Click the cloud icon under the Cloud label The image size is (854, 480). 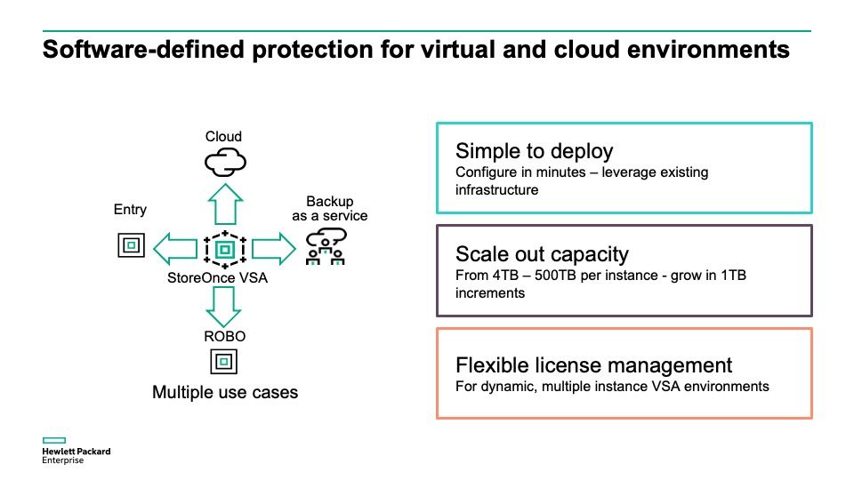click(x=225, y=163)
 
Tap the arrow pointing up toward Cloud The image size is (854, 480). click(x=225, y=204)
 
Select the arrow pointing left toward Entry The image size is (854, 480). click(x=175, y=249)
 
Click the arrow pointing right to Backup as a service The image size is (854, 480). click(x=273, y=249)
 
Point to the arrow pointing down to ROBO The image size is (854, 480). click(x=223, y=307)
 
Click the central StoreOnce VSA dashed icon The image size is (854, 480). click(x=225, y=250)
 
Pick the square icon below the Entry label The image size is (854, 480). click(x=132, y=245)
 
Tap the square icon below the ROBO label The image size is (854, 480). click(x=224, y=362)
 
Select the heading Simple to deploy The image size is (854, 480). click(x=535, y=151)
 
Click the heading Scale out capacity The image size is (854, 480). click(x=542, y=254)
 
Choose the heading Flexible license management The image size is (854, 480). click(x=593, y=364)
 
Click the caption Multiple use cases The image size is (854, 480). click(x=225, y=392)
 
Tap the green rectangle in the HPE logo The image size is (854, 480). click(x=54, y=440)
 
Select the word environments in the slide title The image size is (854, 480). click(x=708, y=50)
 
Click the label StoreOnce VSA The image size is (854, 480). click(x=217, y=278)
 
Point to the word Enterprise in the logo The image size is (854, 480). click(x=62, y=460)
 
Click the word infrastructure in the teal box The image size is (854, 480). click(x=496, y=190)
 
